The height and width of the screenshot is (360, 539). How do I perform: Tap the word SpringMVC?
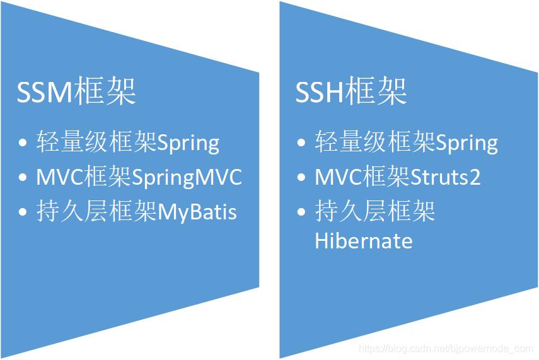(187, 178)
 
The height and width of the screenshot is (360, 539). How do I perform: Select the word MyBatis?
(197, 212)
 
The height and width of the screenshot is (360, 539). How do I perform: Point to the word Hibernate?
(364, 241)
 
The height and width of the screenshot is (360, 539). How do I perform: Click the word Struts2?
(446, 178)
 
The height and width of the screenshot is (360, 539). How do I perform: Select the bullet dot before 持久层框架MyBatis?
(23, 212)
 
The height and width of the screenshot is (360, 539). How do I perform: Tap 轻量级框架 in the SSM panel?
(96, 142)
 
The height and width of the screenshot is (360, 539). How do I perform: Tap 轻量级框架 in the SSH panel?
(374, 142)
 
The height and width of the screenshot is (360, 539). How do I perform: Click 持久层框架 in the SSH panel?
(374, 212)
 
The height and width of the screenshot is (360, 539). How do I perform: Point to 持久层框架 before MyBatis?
(96, 212)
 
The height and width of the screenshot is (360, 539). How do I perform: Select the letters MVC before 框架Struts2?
(338, 178)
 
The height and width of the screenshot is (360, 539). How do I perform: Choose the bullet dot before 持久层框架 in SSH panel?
(302, 212)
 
